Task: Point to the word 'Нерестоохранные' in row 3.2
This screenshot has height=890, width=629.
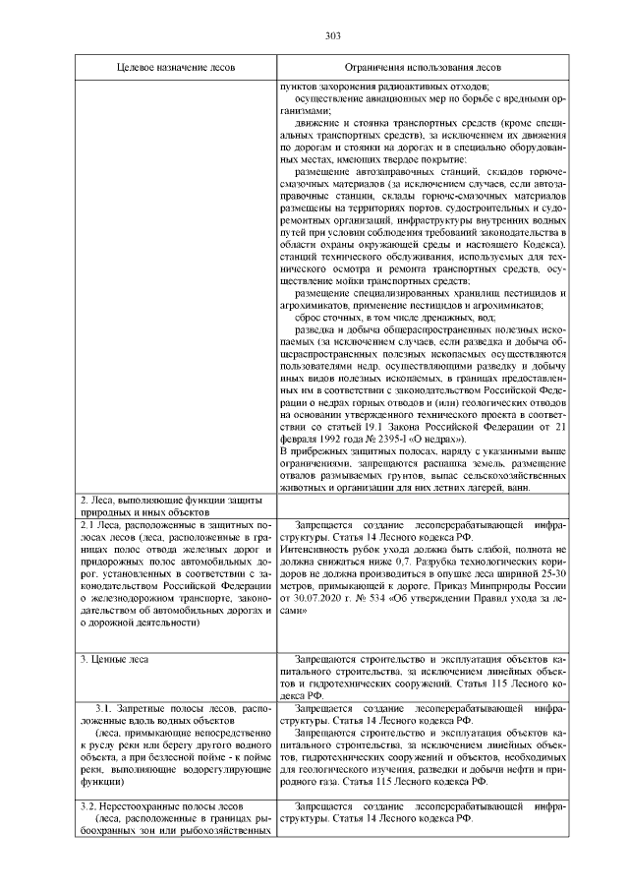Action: tap(147, 805)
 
